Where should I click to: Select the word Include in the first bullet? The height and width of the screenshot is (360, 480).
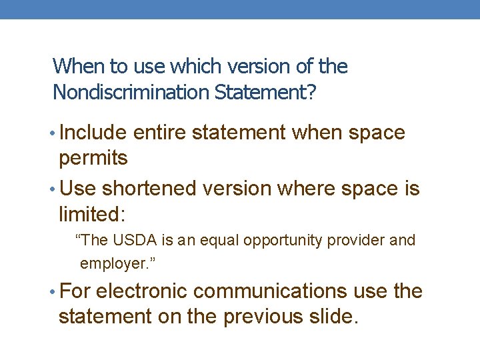click(93, 133)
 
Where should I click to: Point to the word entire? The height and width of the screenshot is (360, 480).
click(160, 133)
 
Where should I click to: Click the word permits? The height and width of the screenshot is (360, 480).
click(93, 159)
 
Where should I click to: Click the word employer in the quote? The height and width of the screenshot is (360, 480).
click(115, 264)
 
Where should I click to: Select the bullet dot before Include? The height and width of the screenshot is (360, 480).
click(53, 133)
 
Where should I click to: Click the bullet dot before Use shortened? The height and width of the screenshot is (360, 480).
click(53, 189)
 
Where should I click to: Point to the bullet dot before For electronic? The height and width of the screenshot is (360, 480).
click(53, 292)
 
